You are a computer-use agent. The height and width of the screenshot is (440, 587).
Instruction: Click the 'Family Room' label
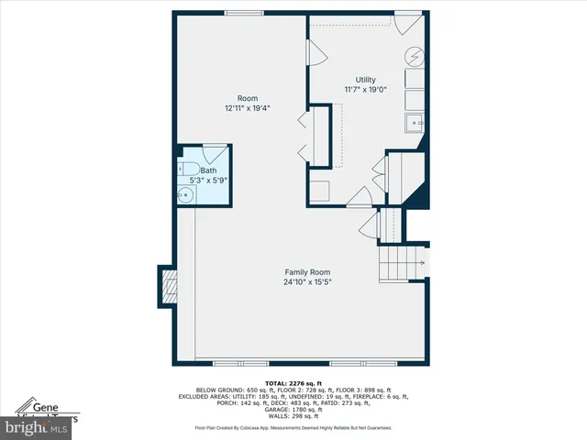point(307,272)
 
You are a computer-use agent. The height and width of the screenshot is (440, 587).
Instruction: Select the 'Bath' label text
point(209,170)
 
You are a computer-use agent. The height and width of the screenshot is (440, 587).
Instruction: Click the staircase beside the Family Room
point(402,264)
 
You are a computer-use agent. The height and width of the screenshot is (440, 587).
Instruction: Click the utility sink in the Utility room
point(415,121)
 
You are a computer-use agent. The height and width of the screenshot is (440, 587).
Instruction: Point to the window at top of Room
point(241,12)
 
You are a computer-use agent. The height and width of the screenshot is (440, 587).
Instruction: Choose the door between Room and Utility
point(316,53)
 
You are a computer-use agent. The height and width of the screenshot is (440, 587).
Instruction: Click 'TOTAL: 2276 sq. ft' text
point(293,383)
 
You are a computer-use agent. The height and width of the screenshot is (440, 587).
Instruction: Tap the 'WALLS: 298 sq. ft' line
point(293,415)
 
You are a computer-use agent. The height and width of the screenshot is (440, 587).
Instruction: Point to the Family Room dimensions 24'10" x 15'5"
point(307,282)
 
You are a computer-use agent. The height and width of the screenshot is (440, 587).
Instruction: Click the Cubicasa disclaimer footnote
point(293,428)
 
